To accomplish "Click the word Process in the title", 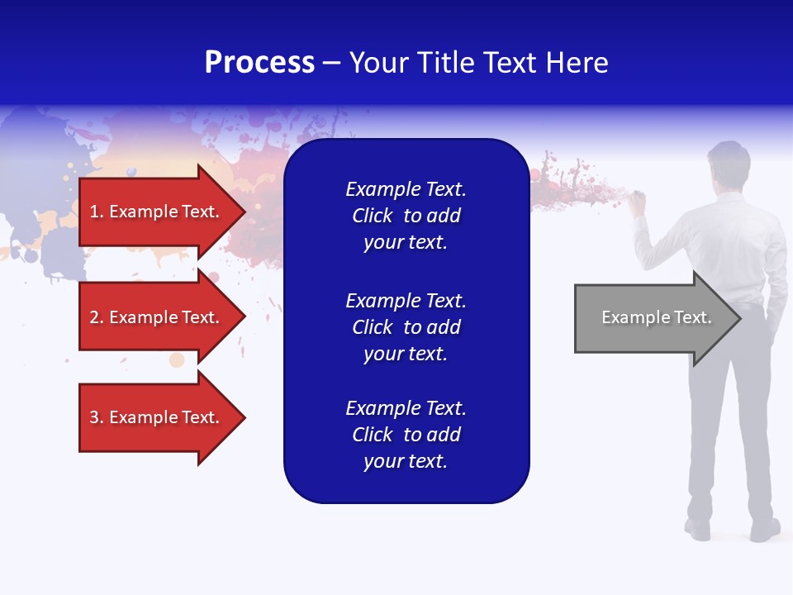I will click(x=259, y=63).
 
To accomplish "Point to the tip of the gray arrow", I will click(x=738, y=318).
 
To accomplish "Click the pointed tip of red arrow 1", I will click(x=242, y=212).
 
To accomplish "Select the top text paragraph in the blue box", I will click(x=406, y=216).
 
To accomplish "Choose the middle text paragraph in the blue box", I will click(x=406, y=327).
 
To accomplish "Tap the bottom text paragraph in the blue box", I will click(x=406, y=435).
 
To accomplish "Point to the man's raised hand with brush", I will click(x=637, y=202).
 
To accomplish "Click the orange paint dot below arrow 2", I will click(x=177, y=359).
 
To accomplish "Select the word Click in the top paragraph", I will click(x=372, y=216).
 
